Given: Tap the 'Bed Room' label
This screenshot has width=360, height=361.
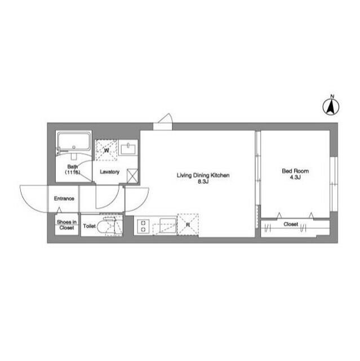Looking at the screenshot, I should click(x=295, y=170).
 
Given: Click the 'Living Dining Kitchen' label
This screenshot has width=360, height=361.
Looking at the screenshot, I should click(x=203, y=175).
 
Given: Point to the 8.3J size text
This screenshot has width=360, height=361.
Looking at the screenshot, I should click(x=203, y=182).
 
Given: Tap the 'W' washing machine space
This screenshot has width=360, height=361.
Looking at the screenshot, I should click(x=106, y=151).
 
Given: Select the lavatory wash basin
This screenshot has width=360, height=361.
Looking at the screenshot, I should click(x=129, y=148).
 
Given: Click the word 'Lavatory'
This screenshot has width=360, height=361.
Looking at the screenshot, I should click(x=109, y=171).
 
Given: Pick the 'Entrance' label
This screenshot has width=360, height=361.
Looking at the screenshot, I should click(x=64, y=199).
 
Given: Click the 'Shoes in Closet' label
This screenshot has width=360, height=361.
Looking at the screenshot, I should click(x=66, y=225).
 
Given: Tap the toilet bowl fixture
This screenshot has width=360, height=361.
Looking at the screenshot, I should click(x=110, y=227).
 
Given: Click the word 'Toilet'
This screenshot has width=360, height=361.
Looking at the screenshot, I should click(x=90, y=226).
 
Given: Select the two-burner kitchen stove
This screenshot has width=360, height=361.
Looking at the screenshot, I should click(x=143, y=226).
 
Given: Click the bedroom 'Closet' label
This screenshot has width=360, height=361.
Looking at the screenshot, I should click(x=291, y=224).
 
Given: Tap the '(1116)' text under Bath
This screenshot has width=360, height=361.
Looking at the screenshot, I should click(x=73, y=172).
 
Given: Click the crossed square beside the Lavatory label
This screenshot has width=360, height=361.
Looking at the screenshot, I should click(x=132, y=176).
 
